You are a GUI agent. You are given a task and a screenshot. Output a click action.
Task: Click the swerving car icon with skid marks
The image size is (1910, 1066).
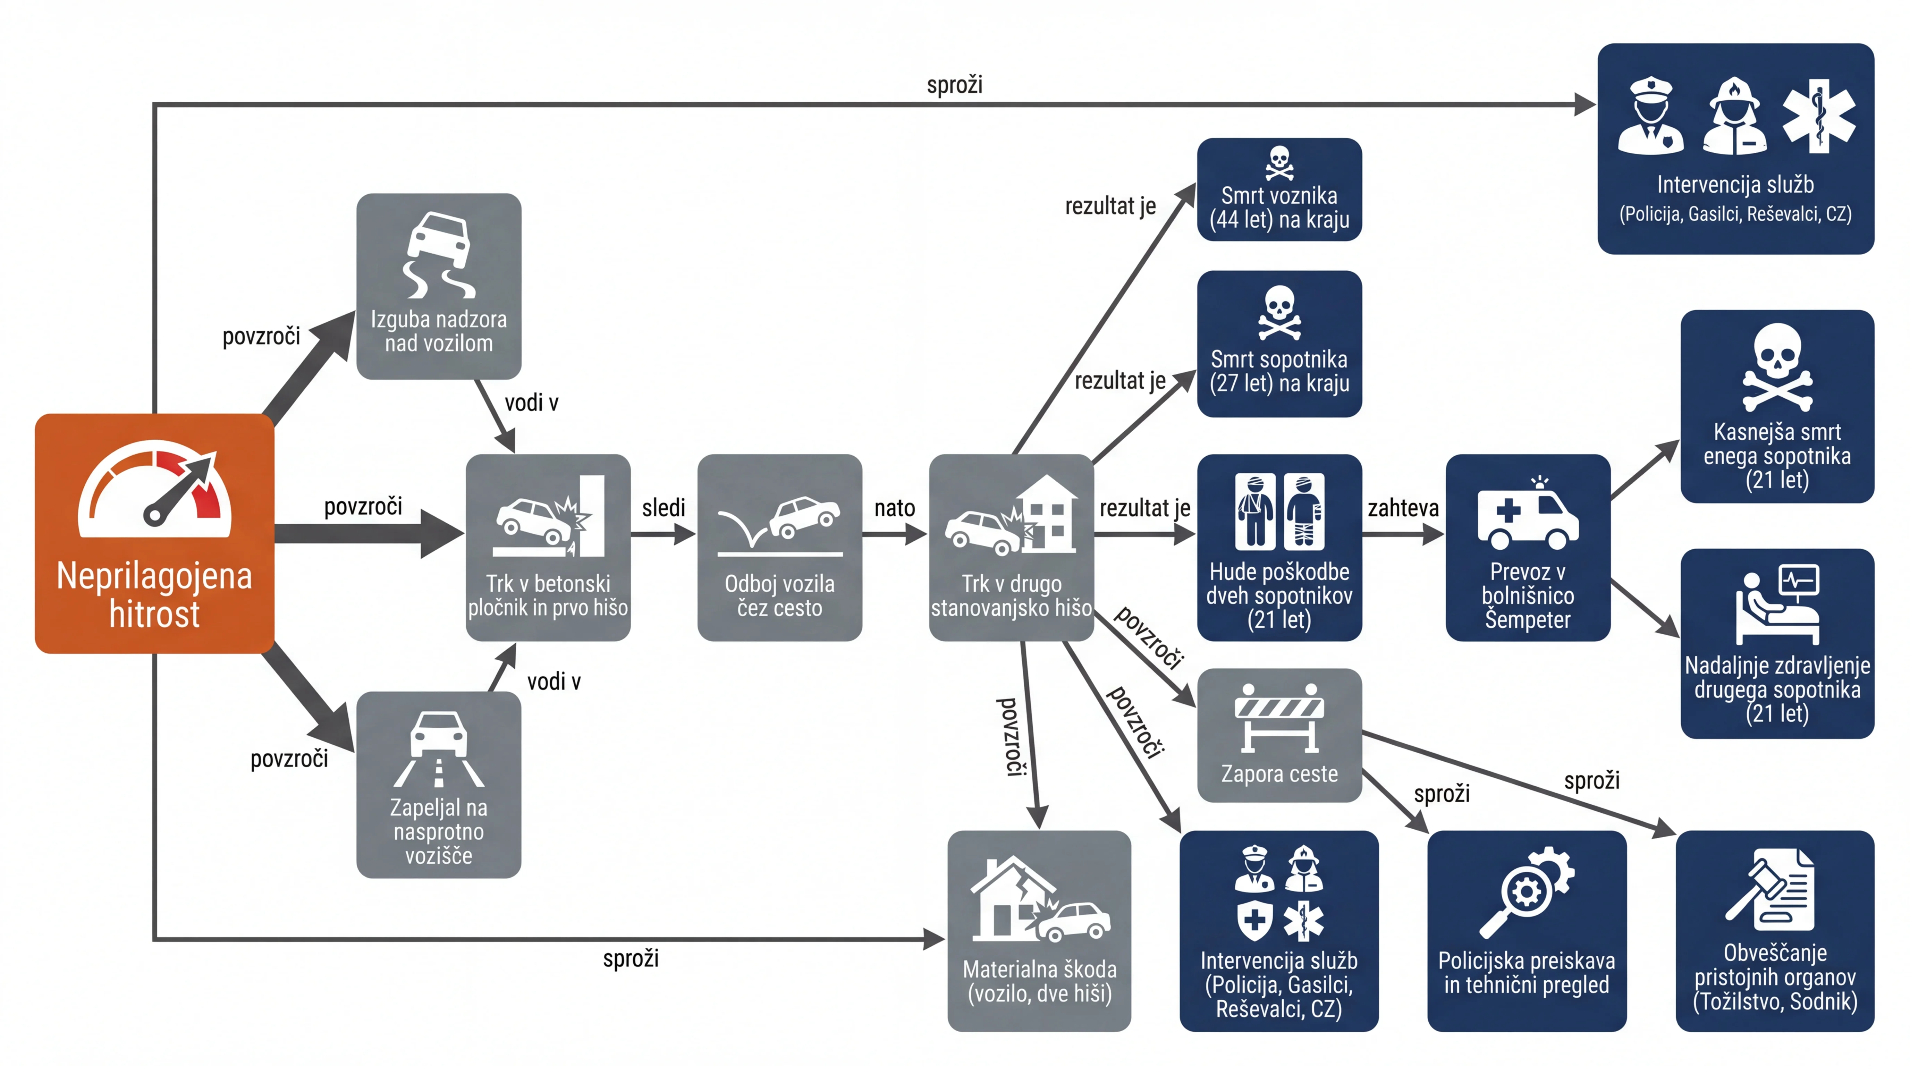(x=439, y=254)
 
